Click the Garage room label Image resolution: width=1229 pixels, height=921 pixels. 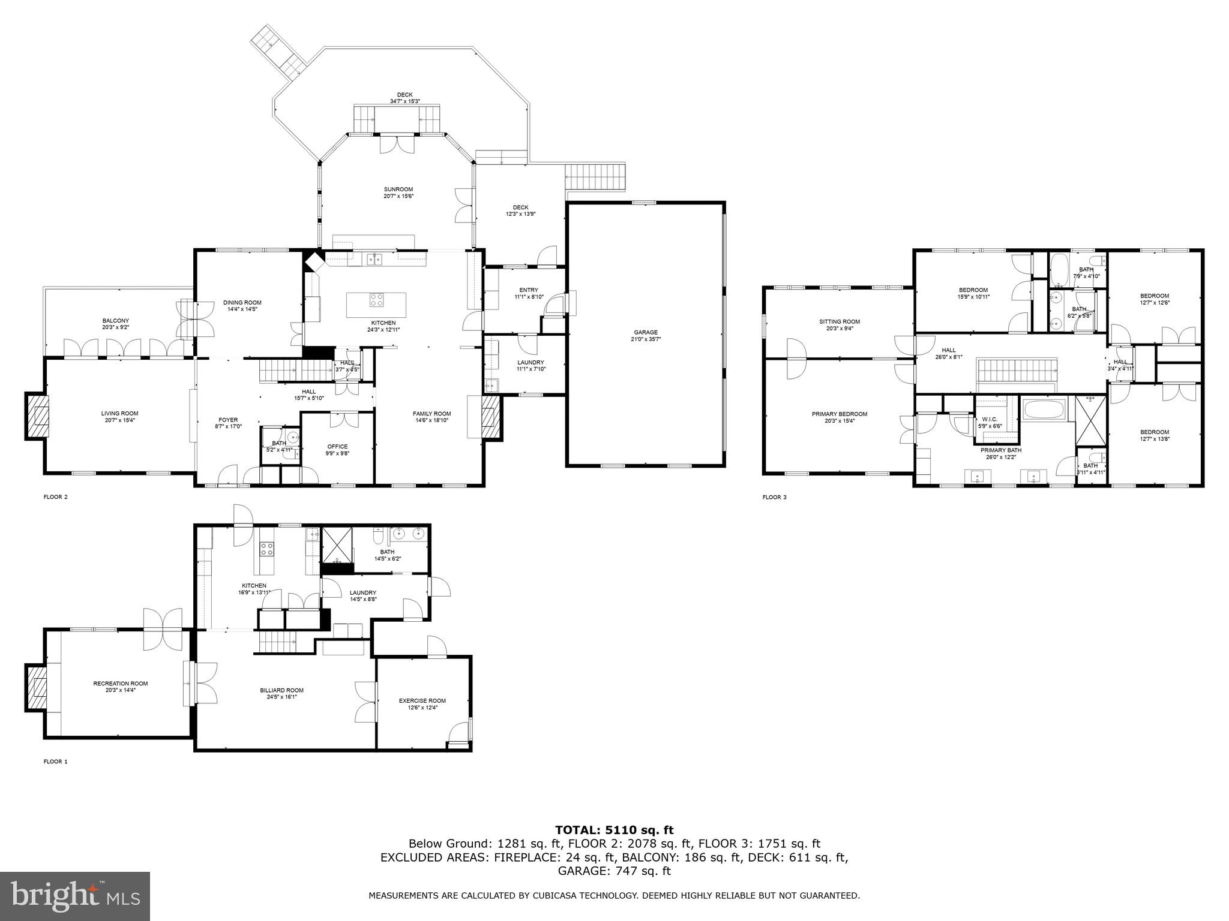(646, 332)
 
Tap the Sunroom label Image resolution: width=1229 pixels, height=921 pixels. (398, 189)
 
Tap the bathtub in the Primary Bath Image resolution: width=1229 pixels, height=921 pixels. (1044, 411)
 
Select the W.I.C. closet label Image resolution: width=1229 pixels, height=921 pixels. (990, 419)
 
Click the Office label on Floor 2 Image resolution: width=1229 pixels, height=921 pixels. (337, 446)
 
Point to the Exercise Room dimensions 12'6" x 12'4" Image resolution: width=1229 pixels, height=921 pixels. (422, 708)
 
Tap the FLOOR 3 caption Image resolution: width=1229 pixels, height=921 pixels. (774, 497)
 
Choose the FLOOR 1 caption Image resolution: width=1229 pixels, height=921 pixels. (55, 762)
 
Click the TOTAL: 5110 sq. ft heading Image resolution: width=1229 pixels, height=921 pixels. (614, 830)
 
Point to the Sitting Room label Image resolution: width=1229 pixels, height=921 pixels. (840, 321)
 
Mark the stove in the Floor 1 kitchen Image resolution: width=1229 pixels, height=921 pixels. (266, 547)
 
